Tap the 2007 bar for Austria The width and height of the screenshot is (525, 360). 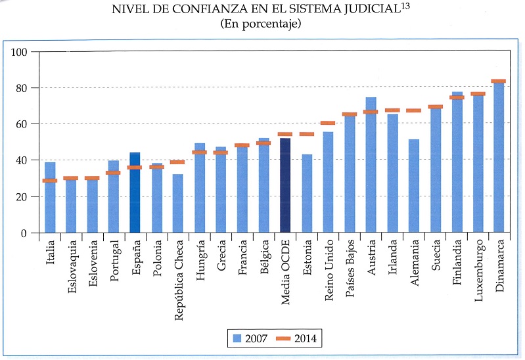(371, 165)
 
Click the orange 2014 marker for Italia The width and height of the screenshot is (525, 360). (50, 181)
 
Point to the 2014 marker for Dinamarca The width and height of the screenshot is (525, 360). (498, 81)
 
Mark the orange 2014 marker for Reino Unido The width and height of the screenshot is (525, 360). (328, 123)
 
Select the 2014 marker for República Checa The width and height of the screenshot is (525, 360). (177, 162)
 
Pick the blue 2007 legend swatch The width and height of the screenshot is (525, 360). (239, 339)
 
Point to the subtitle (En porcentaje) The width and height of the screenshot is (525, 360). (261, 24)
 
